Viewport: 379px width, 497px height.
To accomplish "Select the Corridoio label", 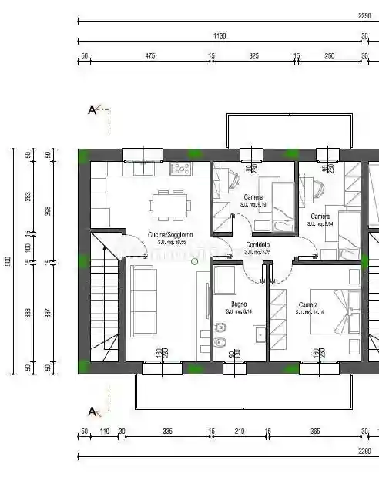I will [257, 244].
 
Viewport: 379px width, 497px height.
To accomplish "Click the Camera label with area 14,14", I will [309, 304].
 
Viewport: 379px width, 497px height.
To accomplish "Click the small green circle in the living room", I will [194, 261].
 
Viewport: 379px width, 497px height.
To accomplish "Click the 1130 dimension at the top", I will [218, 35].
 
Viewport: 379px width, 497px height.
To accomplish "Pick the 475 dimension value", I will [150, 55].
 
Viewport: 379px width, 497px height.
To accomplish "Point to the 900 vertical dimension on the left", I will [9, 261].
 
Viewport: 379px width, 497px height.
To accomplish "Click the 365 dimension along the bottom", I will [314, 432].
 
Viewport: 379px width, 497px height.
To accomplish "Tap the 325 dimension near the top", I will [253, 55].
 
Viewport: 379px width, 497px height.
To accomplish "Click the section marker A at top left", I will [92, 109].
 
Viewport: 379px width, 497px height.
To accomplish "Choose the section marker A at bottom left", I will [92, 411].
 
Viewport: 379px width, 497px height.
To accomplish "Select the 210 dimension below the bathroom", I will [239, 432].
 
